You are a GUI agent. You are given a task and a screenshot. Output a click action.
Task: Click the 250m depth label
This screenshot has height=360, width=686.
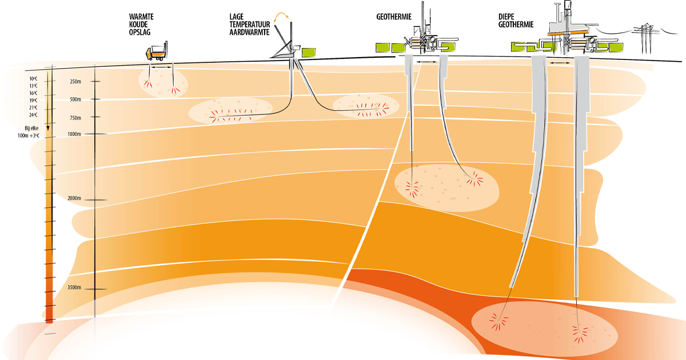[75, 82]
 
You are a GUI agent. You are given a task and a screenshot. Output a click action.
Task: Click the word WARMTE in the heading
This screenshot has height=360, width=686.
[141, 17]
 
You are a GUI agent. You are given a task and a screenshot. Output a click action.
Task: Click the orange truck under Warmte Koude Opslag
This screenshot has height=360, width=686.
[156, 53]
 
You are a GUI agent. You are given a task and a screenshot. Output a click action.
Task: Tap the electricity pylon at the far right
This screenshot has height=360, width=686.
[645, 39]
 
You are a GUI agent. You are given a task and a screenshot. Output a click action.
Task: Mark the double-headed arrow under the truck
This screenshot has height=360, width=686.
[162, 67]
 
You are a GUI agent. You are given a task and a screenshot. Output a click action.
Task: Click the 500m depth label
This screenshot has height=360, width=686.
[75, 99]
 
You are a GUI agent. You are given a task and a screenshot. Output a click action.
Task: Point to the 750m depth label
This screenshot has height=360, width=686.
[75, 118]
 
